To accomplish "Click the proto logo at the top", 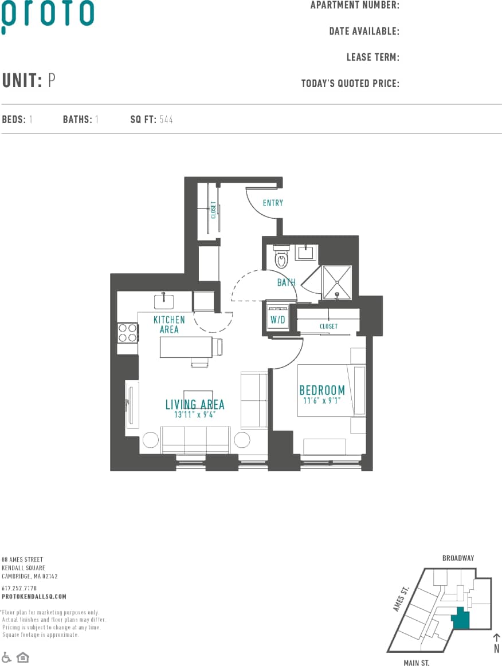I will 48,15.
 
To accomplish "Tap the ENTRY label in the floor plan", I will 273,203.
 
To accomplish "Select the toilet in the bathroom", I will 281,258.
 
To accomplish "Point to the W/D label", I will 277,320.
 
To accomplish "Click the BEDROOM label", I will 322,391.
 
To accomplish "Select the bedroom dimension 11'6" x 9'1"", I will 323,401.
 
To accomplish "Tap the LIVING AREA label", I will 195,405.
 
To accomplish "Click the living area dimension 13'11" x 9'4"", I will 195,415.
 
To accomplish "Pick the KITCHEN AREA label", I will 169,325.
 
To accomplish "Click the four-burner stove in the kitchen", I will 128,333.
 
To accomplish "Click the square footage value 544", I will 166,120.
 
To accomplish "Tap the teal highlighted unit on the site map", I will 461,620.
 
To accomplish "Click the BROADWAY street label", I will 458,558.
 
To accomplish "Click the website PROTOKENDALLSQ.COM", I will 34,597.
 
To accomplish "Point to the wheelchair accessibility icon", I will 7,657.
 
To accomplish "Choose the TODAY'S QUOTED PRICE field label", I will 350,84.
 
